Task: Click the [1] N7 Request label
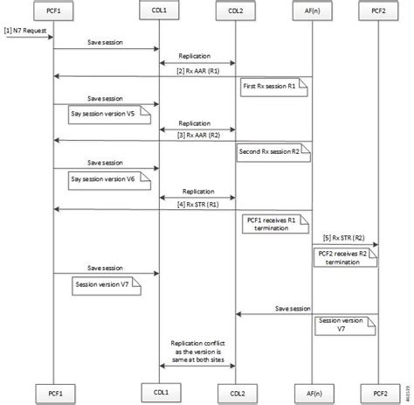click(25, 31)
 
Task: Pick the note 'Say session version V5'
click(107, 113)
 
